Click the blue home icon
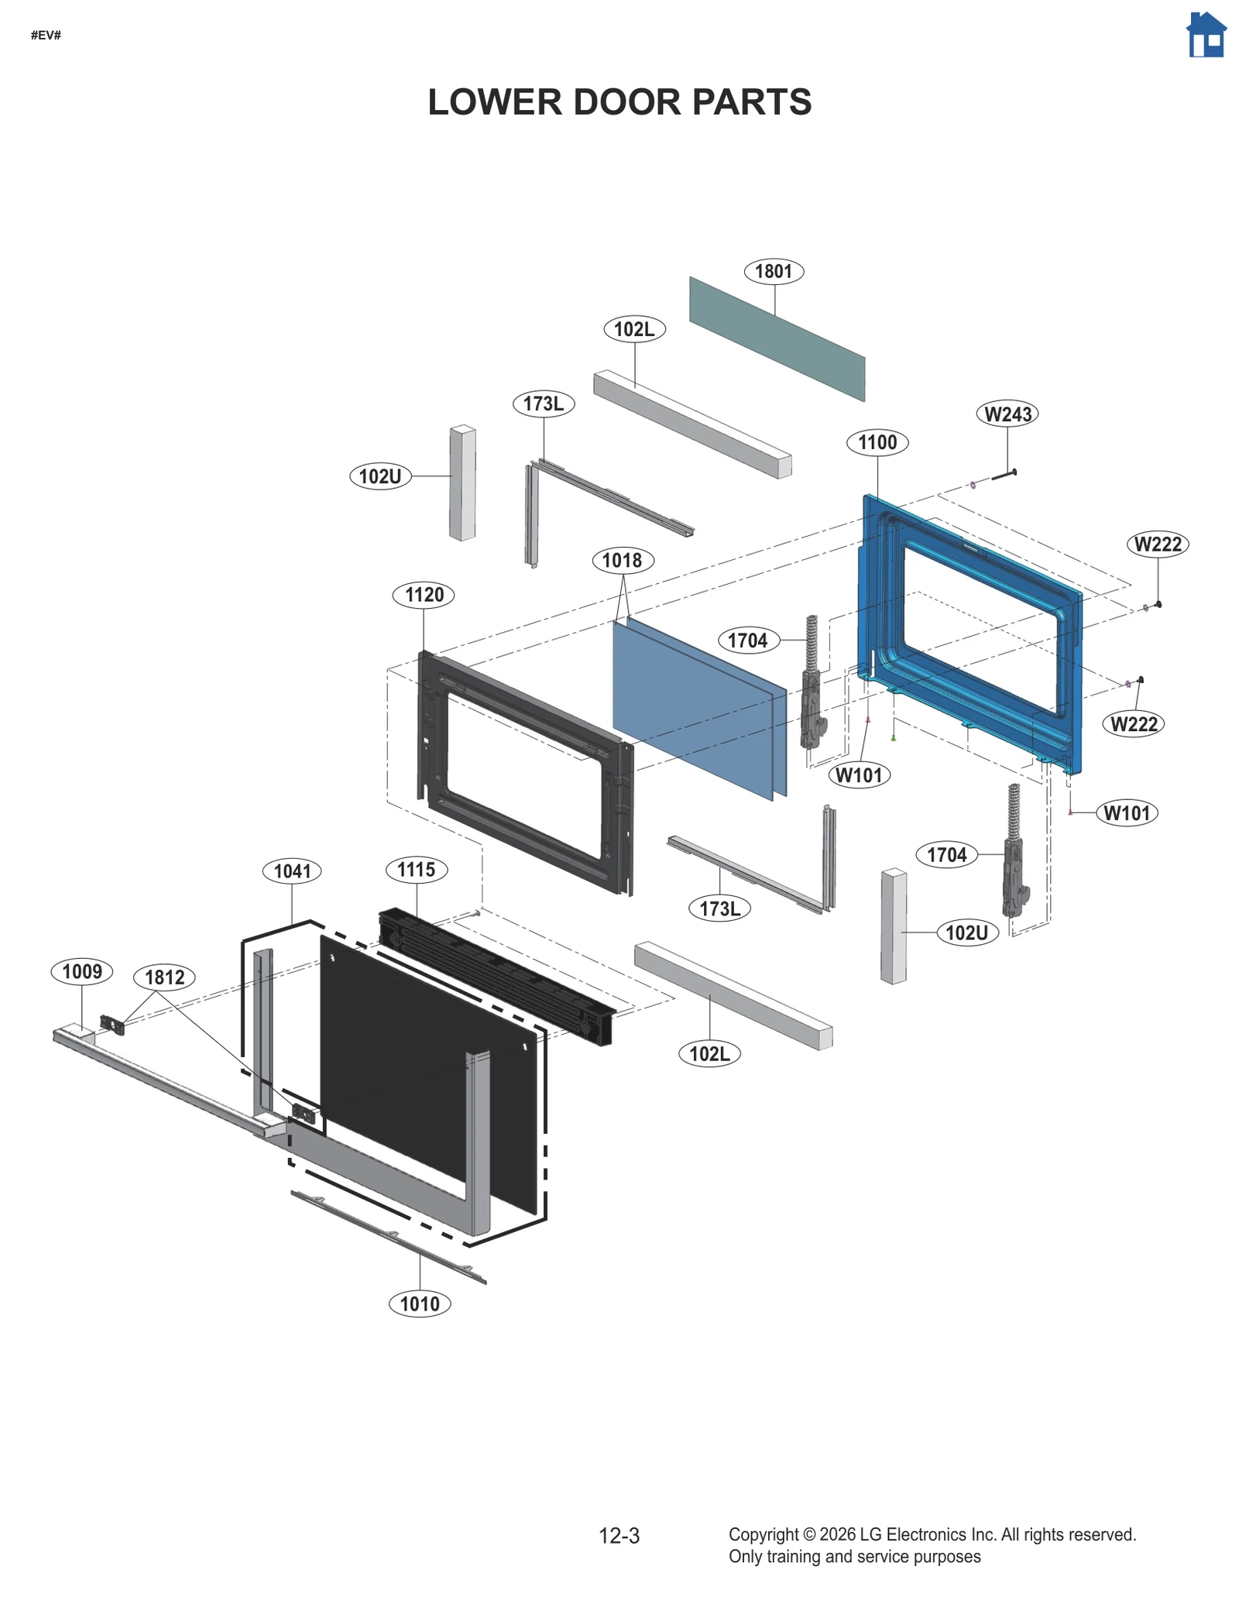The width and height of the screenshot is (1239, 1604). pyautogui.click(x=1205, y=36)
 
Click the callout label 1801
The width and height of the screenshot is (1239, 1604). pyautogui.click(x=773, y=271)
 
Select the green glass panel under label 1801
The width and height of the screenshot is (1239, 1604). pyautogui.click(x=777, y=338)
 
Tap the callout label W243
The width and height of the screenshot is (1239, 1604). pyautogui.click(x=1007, y=414)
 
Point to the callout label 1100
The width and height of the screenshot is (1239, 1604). pyautogui.click(x=877, y=442)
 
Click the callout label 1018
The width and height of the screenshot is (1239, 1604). pyautogui.click(x=622, y=560)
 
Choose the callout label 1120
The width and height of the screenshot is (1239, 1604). pyautogui.click(x=424, y=595)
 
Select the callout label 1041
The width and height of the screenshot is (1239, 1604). pyautogui.click(x=292, y=871)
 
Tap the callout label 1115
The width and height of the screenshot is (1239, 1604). pyautogui.click(x=416, y=869)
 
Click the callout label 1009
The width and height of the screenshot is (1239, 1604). pyautogui.click(x=82, y=971)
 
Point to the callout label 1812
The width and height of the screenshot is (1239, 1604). pyautogui.click(x=164, y=977)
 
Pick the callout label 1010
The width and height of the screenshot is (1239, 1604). pyautogui.click(x=419, y=1303)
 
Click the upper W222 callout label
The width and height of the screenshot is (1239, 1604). pyautogui.click(x=1157, y=544)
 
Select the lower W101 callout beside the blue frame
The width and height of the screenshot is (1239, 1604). pyautogui.click(x=1126, y=813)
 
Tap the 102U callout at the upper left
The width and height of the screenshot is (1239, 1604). pyautogui.click(x=380, y=476)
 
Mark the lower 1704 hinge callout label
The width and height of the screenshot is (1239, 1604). pyautogui.click(x=946, y=855)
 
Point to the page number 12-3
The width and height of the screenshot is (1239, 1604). pyautogui.click(x=619, y=1536)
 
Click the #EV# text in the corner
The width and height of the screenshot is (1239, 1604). pyautogui.click(x=46, y=35)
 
